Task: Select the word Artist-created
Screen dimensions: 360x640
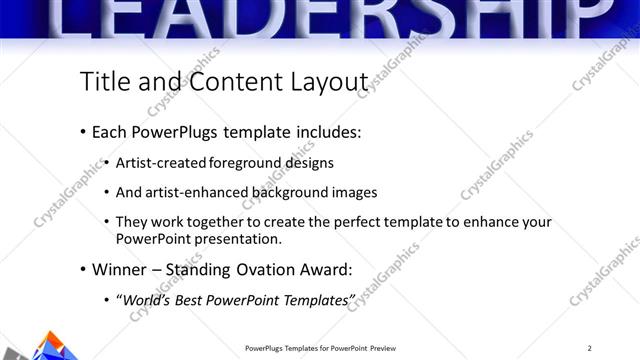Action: (159, 162)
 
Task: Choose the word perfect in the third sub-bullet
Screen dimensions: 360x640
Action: (374, 222)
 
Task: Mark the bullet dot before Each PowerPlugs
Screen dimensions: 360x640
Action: (81, 132)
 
